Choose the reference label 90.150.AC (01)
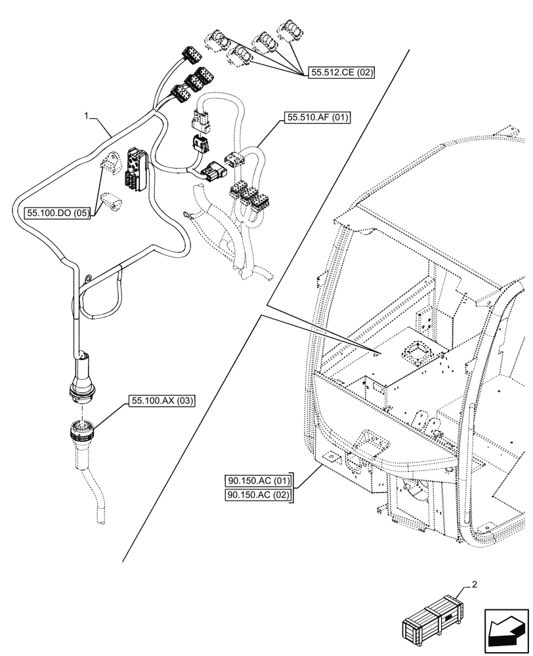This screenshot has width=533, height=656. click(x=258, y=480)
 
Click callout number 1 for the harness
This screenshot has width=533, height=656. click(x=86, y=115)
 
